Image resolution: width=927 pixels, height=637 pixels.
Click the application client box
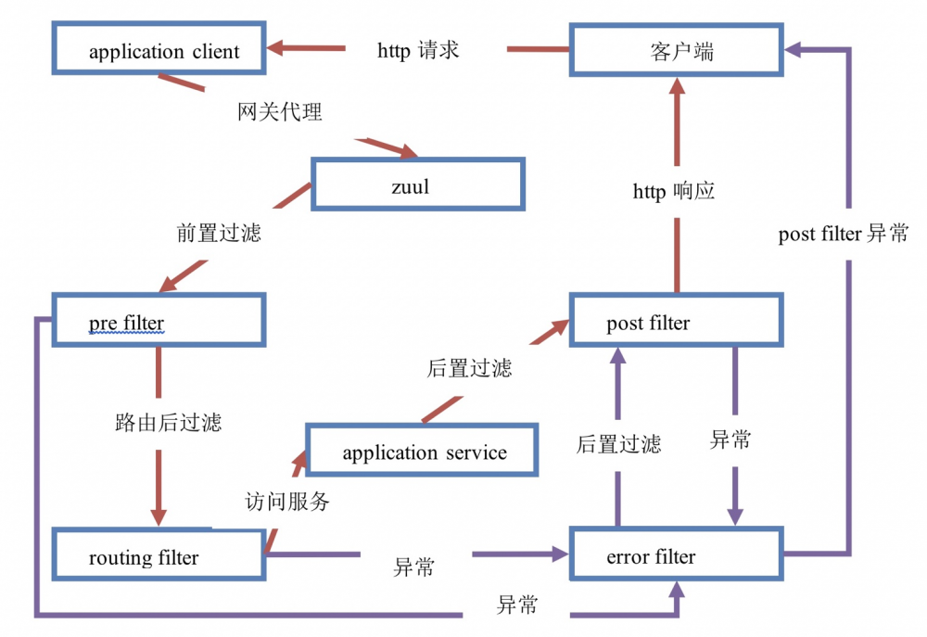(159, 49)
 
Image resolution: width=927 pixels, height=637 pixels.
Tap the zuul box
(417, 185)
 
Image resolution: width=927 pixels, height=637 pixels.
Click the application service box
(423, 451)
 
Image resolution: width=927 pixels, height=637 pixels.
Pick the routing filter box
(159, 557)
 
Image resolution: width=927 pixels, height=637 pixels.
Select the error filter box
(676, 556)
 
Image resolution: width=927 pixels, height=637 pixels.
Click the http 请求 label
(418, 50)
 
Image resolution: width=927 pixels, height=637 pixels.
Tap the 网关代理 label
(280, 112)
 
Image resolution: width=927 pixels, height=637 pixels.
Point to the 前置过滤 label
(219, 232)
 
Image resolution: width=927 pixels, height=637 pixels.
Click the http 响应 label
(674, 192)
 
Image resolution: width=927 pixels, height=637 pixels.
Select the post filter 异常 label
(844, 234)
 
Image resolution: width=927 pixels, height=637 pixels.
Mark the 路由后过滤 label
(168, 423)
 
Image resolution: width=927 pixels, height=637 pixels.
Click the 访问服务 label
(287, 502)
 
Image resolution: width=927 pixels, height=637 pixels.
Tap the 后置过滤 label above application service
(469, 368)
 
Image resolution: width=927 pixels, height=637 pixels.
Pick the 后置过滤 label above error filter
(618, 443)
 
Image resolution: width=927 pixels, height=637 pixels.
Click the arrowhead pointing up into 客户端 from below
(677, 87)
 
